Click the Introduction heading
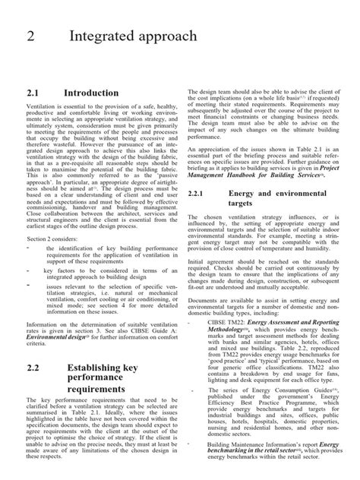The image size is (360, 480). click(91, 93)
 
